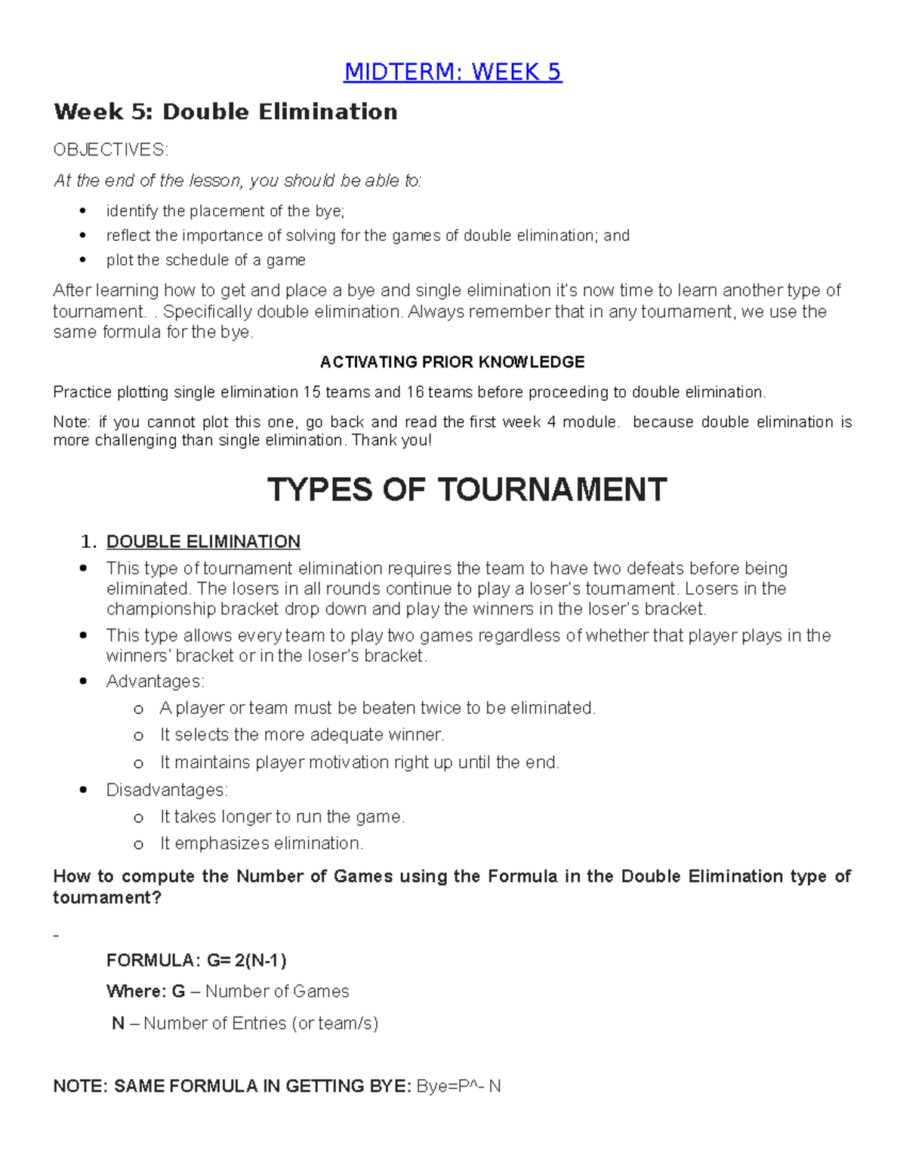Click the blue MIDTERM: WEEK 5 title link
(x=452, y=72)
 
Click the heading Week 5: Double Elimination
(x=225, y=112)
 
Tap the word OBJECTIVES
(x=110, y=149)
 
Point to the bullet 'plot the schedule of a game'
(x=205, y=260)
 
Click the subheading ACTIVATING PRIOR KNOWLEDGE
(x=452, y=362)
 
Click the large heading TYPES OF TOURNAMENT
(x=467, y=490)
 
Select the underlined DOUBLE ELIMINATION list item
(x=203, y=542)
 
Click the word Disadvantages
(x=166, y=790)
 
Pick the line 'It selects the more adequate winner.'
(x=302, y=735)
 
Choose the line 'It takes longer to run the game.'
(x=282, y=817)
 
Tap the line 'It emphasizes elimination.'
(x=261, y=844)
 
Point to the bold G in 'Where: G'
(x=178, y=992)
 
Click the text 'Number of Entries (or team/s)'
(x=260, y=1023)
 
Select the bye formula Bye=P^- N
(x=458, y=1087)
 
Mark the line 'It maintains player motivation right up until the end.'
(x=359, y=763)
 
